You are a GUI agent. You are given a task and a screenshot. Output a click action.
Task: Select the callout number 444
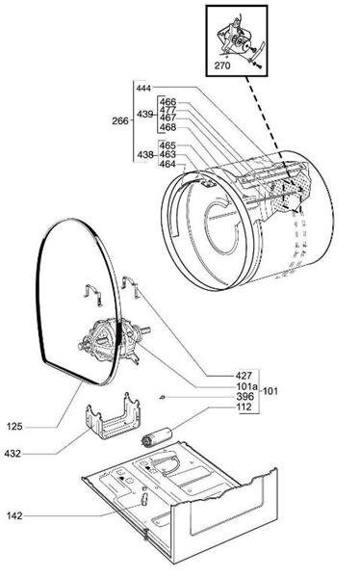pyautogui.click(x=145, y=88)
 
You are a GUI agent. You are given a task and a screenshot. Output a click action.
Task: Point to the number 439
pyautogui.click(x=145, y=114)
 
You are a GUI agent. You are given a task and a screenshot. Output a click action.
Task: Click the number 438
pyautogui.click(x=145, y=154)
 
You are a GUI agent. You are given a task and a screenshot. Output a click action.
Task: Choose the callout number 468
pyautogui.click(x=167, y=127)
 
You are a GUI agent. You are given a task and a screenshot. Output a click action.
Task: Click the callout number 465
pyautogui.click(x=167, y=145)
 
